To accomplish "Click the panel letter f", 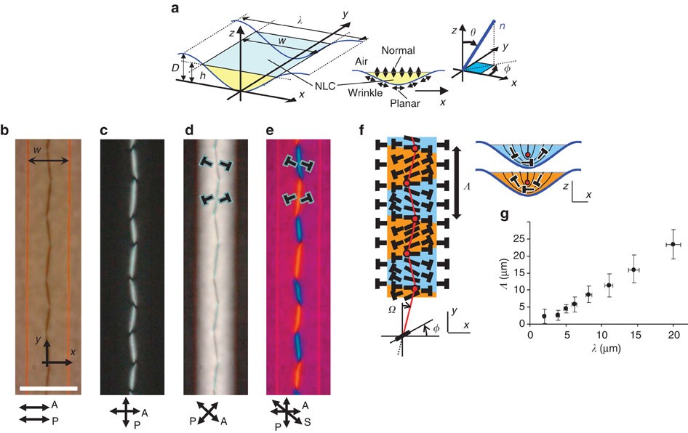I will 363,131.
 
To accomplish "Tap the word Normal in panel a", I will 416,51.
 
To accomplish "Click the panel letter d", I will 188,131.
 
